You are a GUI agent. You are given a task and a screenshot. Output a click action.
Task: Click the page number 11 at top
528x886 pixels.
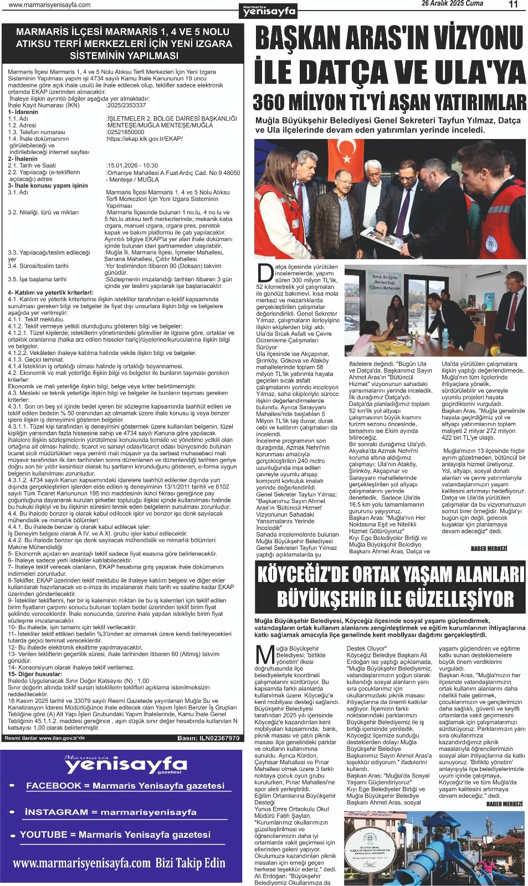pyautogui.click(x=513, y=4)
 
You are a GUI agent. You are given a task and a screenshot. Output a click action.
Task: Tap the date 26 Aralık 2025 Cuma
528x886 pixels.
pyautogui.click(x=452, y=4)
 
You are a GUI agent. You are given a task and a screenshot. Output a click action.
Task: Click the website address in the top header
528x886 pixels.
pyautogui.click(x=50, y=5)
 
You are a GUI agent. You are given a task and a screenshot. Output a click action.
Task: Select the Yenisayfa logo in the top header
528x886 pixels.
pyautogui.click(x=269, y=10)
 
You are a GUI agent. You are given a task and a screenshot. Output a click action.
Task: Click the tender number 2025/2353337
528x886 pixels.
pyautogui.click(x=126, y=105)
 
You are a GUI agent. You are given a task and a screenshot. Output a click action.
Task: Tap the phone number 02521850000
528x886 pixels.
pyautogui.click(x=125, y=132)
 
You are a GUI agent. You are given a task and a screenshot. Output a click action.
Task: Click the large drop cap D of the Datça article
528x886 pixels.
pyautogui.click(x=265, y=273)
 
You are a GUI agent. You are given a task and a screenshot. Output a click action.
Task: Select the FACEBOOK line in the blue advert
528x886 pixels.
pyautogui.click(x=125, y=786)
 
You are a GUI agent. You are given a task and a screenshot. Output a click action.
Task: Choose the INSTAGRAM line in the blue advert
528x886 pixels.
pyautogui.click(x=110, y=812)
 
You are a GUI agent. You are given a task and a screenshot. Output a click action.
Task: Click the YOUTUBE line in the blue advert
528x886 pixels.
pyautogui.click(x=115, y=835)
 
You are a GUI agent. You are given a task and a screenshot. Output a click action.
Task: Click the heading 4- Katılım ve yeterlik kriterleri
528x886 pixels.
pyautogui.click(x=50, y=292)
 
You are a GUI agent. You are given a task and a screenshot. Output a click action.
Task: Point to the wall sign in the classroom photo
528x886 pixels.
pyautogui.click(x=384, y=282)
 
